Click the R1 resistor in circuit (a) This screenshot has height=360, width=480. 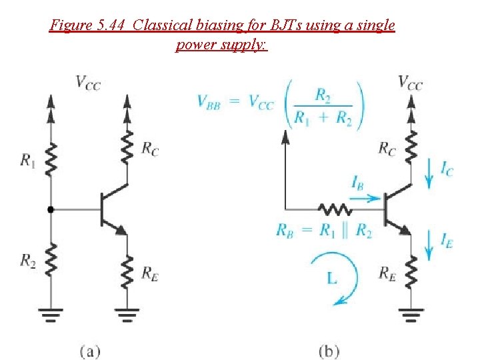[51, 159]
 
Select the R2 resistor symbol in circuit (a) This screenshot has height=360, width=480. [51, 259]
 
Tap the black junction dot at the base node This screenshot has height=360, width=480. [51, 210]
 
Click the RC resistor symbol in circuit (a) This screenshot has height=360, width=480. [127, 147]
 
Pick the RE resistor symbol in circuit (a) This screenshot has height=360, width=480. [127, 273]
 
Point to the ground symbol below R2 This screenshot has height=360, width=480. [51, 315]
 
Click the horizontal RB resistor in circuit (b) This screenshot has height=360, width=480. [335, 210]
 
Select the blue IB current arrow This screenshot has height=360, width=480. [364, 199]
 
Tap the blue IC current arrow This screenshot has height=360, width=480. [429, 173]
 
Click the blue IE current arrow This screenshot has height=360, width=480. [429, 245]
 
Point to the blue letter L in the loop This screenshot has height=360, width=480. [332, 278]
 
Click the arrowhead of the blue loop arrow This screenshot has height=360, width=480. [341, 301]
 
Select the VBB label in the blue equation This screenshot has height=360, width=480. [209, 101]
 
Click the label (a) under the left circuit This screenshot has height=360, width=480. [90, 351]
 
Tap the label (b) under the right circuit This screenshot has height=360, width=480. [329, 351]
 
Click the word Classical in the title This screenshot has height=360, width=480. [161, 25]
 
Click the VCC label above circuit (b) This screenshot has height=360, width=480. [411, 83]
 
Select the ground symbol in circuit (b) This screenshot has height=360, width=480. [411, 315]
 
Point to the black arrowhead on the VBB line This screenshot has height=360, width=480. [285, 137]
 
